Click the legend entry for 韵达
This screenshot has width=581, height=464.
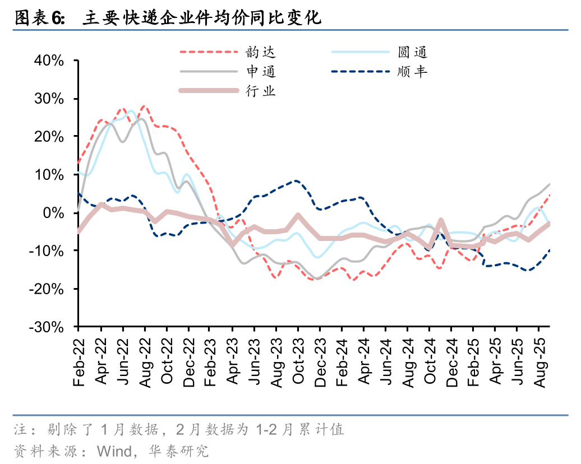pos(261,53)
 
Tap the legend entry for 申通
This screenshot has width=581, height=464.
pos(261,72)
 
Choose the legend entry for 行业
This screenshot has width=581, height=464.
pos(261,91)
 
